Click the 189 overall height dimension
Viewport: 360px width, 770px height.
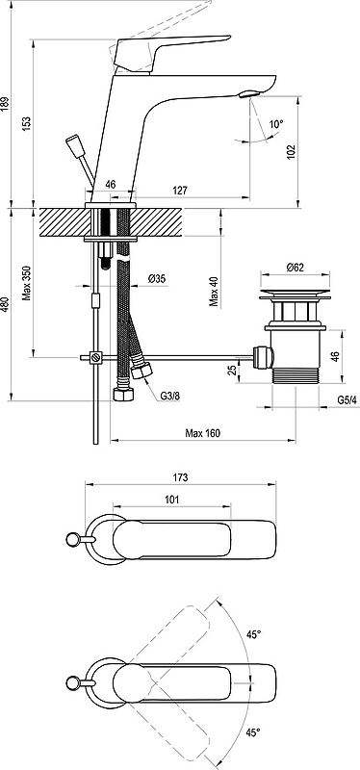pyautogui.click(x=5, y=104)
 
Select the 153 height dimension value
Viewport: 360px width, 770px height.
pyautogui.click(x=27, y=123)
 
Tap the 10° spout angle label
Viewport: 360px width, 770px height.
pyautogui.click(x=276, y=124)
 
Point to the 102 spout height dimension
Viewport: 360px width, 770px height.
pyautogui.click(x=292, y=150)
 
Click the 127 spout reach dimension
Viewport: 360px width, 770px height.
pyautogui.click(x=180, y=191)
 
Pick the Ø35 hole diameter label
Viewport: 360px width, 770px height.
pyautogui.click(x=157, y=279)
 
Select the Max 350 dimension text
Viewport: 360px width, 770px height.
pyautogui.click(x=27, y=283)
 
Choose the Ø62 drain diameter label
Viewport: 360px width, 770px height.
pyautogui.click(x=295, y=268)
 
